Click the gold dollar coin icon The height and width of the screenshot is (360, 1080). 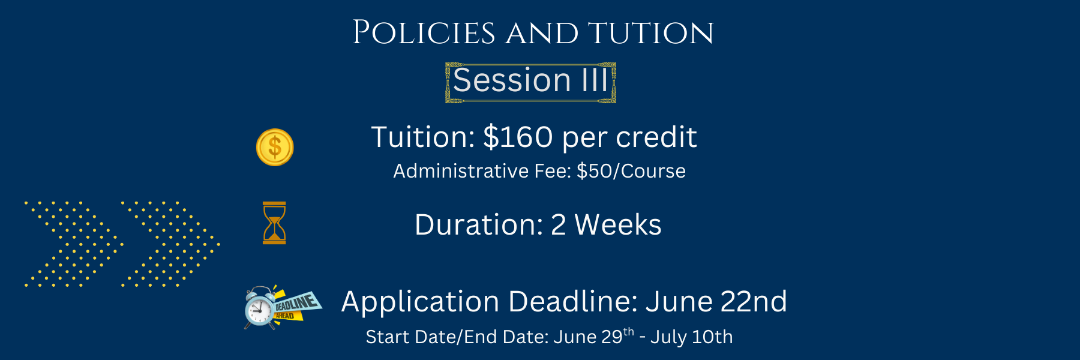click(x=275, y=148)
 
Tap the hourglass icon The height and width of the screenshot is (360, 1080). click(x=274, y=223)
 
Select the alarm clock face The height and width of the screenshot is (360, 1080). click(x=259, y=310)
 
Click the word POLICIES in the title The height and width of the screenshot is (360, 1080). click(x=424, y=32)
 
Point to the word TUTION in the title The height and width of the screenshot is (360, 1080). click(x=651, y=33)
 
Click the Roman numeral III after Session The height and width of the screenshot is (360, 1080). click(x=595, y=80)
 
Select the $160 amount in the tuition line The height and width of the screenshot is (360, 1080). click(x=518, y=137)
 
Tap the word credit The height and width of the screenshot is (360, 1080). click(x=656, y=137)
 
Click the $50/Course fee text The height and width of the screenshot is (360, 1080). click(x=631, y=171)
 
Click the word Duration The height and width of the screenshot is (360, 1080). click(x=479, y=225)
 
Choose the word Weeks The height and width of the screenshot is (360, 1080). click(x=618, y=225)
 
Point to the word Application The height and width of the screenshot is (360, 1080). click(x=420, y=302)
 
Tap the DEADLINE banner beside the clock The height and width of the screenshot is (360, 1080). click(x=297, y=305)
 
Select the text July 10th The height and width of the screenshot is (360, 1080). click(x=692, y=337)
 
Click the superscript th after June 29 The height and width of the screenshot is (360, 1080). click(x=629, y=332)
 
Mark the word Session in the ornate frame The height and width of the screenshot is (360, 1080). click(x=512, y=80)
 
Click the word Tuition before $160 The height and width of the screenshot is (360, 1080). click(x=423, y=137)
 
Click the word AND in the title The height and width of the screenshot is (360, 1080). click(x=542, y=33)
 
